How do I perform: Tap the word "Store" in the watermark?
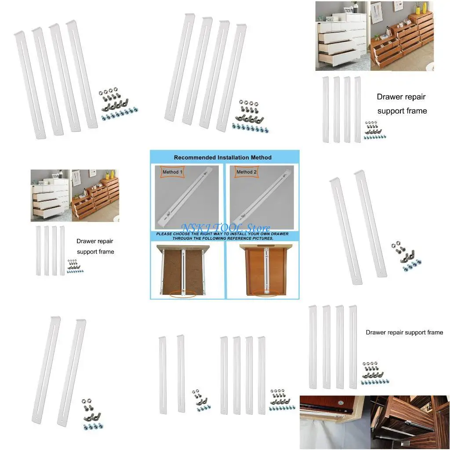point(258,228)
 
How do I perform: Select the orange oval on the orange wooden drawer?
point(265,293)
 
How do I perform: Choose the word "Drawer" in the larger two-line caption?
point(389,97)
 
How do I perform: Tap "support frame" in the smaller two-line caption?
point(95,252)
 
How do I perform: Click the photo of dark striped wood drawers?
point(410,422)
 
